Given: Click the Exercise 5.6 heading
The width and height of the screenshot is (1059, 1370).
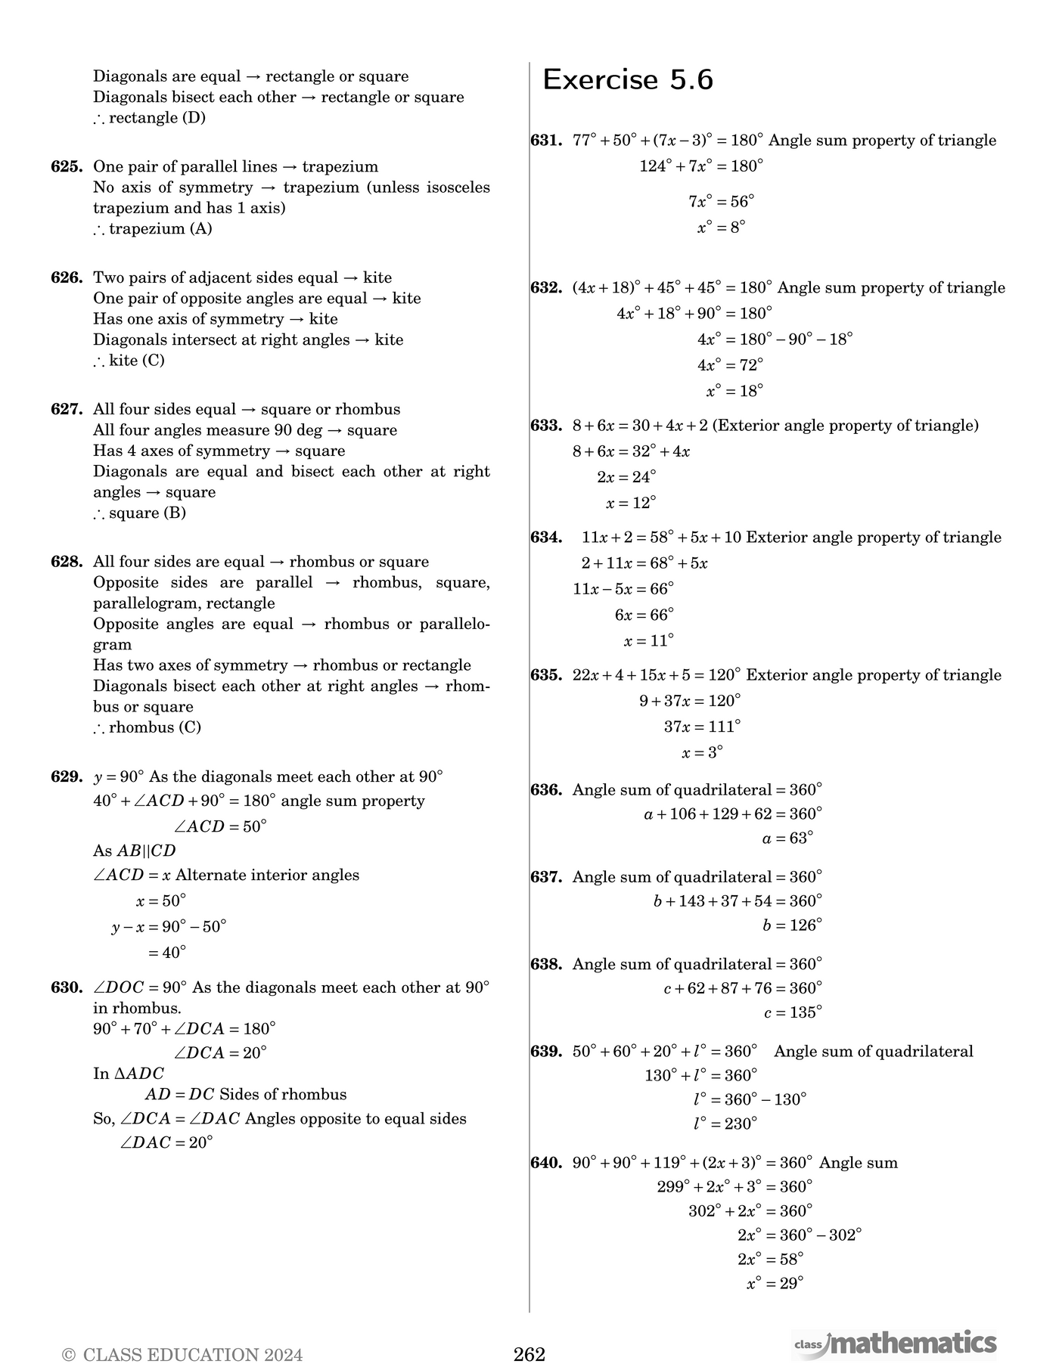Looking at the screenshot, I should (x=628, y=80).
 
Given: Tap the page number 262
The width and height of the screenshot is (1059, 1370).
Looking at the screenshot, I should (x=529, y=1354).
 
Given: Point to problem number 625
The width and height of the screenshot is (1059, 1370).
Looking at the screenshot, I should (x=67, y=167).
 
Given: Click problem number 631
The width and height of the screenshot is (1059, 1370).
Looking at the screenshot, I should (x=546, y=141).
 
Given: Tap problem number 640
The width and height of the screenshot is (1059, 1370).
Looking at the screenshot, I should (x=546, y=1163).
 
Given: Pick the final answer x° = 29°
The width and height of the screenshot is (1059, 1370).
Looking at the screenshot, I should (x=775, y=1283).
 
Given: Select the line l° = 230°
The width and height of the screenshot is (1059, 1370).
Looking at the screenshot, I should (x=725, y=1124).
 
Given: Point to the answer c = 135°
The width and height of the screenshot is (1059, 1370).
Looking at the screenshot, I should (x=793, y=1012).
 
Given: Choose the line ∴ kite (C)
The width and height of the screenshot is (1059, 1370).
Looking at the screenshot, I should (x=129, y=361).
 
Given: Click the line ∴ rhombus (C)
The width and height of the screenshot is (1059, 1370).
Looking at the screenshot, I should (x=148, y=728).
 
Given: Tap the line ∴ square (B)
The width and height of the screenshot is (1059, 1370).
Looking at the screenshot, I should (x=140, y=513).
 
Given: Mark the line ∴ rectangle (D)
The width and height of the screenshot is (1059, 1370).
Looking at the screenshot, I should (x=149, y=118).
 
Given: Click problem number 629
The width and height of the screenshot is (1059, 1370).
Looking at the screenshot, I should (x=67, y=777).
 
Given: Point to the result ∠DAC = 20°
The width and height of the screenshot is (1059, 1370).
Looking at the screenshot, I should (x=166, y=1142).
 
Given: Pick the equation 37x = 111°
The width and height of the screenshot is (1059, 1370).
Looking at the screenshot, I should (x=702, y=727).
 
